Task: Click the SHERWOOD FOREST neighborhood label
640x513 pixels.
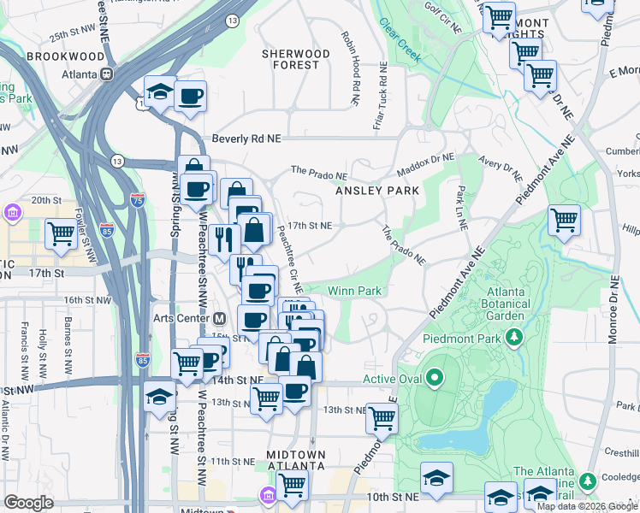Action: pos(296,59)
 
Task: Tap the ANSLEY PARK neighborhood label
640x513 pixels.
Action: pos(377,191)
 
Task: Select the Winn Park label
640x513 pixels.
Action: pos(353,291)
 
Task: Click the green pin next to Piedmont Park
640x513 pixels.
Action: pos(514,339)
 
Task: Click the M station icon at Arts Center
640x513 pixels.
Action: pos(220,319)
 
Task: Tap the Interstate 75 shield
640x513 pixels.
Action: pos(138,200)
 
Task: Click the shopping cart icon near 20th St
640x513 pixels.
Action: pos(61,234)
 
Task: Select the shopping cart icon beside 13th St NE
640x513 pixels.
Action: pos(382,417)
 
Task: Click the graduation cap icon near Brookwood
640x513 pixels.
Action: pos(159,93)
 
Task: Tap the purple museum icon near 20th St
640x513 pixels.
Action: pos(13,212)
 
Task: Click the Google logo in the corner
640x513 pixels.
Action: pos(28,503)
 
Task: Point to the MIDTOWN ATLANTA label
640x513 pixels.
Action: pos(295,460)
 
